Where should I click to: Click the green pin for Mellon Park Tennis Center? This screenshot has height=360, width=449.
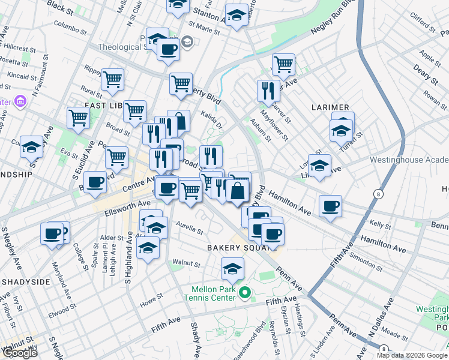coord(244,293)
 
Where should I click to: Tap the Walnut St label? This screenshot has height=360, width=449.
coord(185,263)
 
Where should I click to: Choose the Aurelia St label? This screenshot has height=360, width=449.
coord(190,229)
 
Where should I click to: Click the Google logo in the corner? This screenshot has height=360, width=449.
coord(19,353)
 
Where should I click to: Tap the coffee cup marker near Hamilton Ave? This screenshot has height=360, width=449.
coord(330,206)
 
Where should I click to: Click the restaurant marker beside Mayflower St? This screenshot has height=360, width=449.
coord(268,90)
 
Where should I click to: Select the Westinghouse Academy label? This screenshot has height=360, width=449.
coord(409,160)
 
